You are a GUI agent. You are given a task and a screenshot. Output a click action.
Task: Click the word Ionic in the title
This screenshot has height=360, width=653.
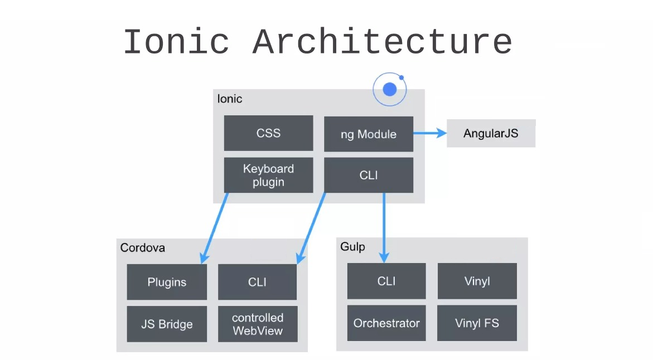pyautogui.click(x=176, y=42)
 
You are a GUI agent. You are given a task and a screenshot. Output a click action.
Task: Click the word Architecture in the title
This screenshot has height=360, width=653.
pyautogui.click(x=382, y=42)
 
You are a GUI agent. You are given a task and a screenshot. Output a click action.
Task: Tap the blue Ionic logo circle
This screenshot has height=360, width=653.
pyautogui.click(x=390, y=89)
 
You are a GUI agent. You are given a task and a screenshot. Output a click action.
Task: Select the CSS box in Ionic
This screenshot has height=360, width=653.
pyautogui.click(x=268, y=133)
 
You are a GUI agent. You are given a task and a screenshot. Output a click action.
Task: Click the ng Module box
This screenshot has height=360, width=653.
pyautogui.click(x=368, y=134)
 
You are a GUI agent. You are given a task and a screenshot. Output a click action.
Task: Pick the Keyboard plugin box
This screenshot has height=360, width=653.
pyautogui.click(x=268, y=176)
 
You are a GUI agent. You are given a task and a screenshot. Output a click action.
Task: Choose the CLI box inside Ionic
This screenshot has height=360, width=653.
pyautogui.click(x=368, y=176)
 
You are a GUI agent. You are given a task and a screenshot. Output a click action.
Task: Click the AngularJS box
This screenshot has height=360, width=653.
pyautogui.click(x=491, y=133)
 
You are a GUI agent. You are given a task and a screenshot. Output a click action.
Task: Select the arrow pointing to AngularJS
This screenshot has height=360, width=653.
pyautogui.click(x=430, y=133)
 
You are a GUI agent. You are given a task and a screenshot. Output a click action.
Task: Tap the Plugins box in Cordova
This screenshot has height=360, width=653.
pyautogui.click(x=167, y=282)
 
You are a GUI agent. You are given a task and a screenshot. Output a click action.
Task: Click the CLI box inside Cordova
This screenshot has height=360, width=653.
pyautogui.click(x=257, y=282)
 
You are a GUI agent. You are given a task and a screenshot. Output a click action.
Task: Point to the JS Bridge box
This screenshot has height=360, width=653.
pyautogui.click(x=167, y=324)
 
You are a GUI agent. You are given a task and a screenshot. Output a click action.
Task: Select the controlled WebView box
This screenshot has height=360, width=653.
pyautogui.click(x=257, y=324)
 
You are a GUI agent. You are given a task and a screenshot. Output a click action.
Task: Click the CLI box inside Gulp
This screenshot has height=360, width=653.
pyautogui.click(x=386, y=281)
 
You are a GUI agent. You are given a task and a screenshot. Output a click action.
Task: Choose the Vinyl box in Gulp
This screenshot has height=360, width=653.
pyautogui.click(x=477, y=281)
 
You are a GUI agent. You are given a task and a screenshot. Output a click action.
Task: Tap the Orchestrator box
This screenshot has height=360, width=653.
pyautogui.click(x=386, y=323)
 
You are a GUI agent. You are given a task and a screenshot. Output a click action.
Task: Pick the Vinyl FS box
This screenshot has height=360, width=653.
pyautogui.click(x=477, y=323)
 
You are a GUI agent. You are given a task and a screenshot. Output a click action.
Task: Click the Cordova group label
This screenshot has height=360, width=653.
pyautogui.click(x=143, y=247)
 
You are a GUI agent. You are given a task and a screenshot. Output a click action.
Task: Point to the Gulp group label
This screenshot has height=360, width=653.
pyautogui.click(x=352, y=246)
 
